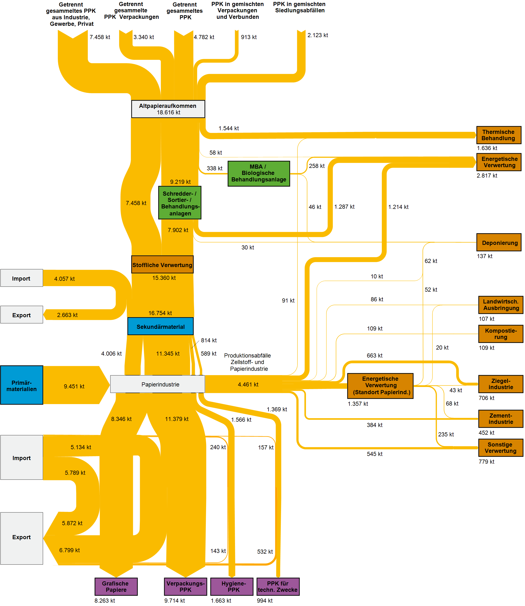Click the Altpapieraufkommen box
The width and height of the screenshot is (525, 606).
pyautogui.click(x=168, y=109)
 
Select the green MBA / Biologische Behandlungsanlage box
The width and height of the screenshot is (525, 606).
pyautogui.click(x=259, y=173)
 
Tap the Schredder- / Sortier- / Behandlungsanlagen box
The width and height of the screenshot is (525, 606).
pyautogui.click(x=180, y=203)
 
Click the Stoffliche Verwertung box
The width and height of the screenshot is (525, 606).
pyautogui.click(x=162, y=264)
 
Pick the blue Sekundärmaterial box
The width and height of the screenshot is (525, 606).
pyautogui.click(x=161, y=326)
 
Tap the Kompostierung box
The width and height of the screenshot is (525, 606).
pyautogui.click(x=500, y=334)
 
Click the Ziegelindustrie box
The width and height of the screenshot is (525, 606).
pyautogui.click(x=500, y=384)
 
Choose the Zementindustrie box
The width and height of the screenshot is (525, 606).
pyautogui.click(x=500, y=418)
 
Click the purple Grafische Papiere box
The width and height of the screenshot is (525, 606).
pyautogui.click(x=116, y=586)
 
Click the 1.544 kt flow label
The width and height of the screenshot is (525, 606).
pyautogui.click(x=229, y=128)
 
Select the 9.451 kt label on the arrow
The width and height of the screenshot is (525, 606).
pyautogui.click(x=74, y=386)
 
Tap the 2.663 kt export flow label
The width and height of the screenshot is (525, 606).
pyautogui.click(x=67, y=315)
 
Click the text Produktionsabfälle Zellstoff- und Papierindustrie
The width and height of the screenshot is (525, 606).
pyautogui.click(x=248, y=362)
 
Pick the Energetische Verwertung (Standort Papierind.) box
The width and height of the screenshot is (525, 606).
pyautogui.click(x=380, y=386)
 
